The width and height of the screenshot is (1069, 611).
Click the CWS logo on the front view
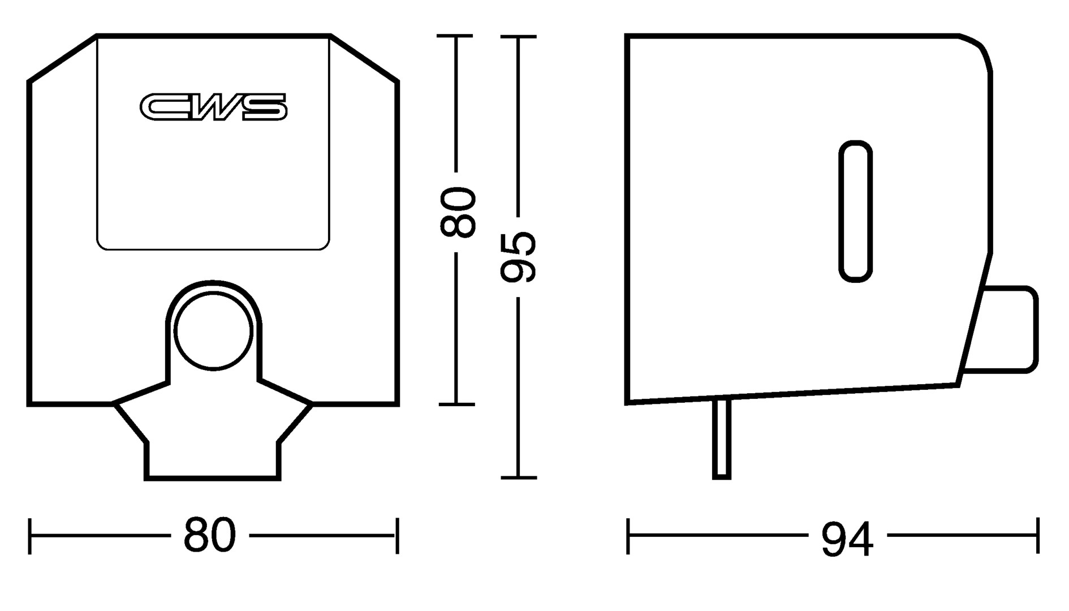point(213,107)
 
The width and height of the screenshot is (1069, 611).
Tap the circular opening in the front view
point(213,332)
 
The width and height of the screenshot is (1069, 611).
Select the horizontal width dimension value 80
point(210,535)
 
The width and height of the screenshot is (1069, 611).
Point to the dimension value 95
point(518,256)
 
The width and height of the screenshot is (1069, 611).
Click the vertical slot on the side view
point(855,211)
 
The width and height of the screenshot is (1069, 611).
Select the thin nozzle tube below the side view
point(722,439)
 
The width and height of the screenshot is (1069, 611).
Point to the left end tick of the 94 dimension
point(628,535)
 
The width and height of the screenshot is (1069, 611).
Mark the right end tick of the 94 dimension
point(1038,535)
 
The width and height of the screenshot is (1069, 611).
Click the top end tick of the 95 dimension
point(518,37)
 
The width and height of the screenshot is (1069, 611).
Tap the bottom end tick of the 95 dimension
point(518,478)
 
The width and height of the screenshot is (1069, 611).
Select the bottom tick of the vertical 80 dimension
point(457,405)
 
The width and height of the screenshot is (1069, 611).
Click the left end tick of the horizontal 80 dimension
point(29,536)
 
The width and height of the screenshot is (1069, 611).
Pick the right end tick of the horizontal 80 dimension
point(398,536)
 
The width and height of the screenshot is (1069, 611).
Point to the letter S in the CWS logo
point(264,107)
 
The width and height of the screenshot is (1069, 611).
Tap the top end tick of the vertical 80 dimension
point(455,36)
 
